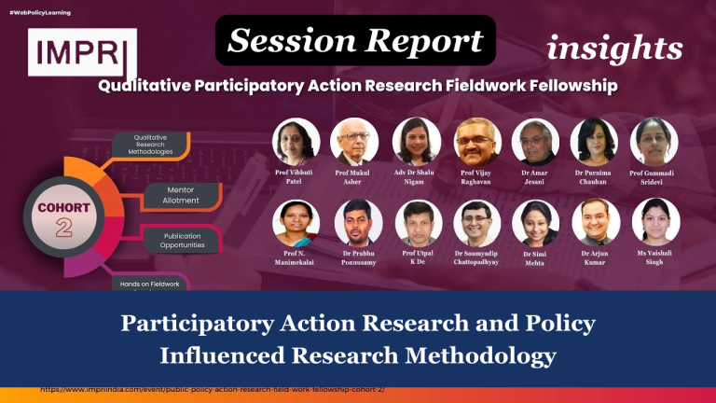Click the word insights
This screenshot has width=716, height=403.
click(x=614, y=48)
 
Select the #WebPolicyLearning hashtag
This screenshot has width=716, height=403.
click(x=42, y=11)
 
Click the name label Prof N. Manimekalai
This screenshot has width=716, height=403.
click(x=296, y=258)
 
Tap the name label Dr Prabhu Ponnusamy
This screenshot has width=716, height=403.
click(x=358, y=258)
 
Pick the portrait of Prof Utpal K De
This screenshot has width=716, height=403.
click(x=417, y=223)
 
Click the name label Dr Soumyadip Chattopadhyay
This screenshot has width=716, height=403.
click(x=477, y=258)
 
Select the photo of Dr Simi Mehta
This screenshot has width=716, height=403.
click(x=535, y=223)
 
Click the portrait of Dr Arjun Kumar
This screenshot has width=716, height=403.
click(x=594, y=223)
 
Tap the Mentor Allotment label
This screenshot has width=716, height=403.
click(x=180, y=195)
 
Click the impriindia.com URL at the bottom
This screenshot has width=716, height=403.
click(x=213, y=388)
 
